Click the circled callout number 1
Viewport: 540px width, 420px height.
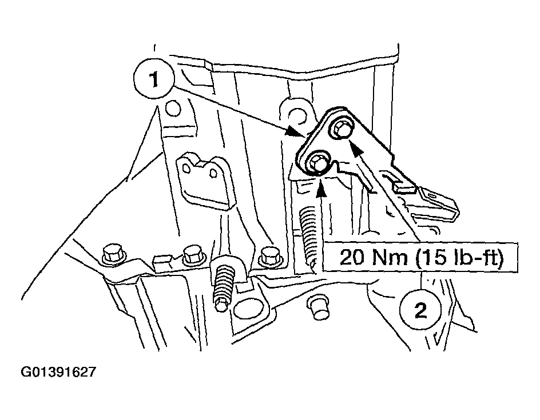153,82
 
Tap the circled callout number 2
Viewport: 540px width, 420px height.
420,311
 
